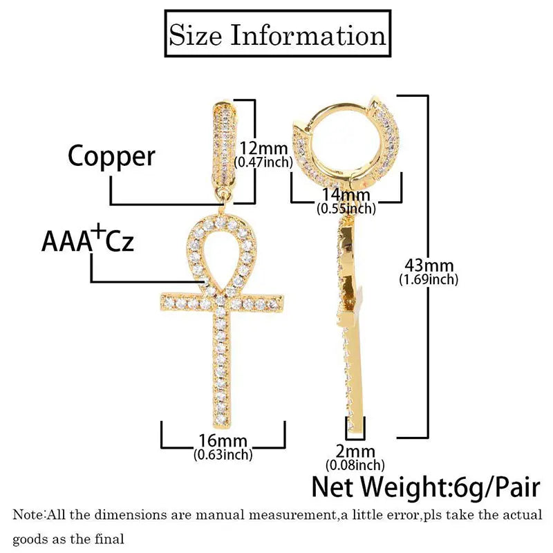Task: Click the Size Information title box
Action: pos(278,33)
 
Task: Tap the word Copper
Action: pos(111,156)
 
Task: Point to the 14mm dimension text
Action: pos(346,195)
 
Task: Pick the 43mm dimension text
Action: pos(429,265)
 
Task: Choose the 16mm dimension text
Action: pos(223,440)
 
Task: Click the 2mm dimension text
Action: pos(355,451)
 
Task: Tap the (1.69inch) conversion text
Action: pos(429,280)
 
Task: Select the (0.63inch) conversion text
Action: pos(223,455)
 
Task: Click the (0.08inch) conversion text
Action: pos(355,465)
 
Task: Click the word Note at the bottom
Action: pos(28,515)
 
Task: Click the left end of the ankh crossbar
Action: pos(161,303)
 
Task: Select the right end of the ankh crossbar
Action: pos(283,303)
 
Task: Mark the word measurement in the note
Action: pos(292,515)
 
